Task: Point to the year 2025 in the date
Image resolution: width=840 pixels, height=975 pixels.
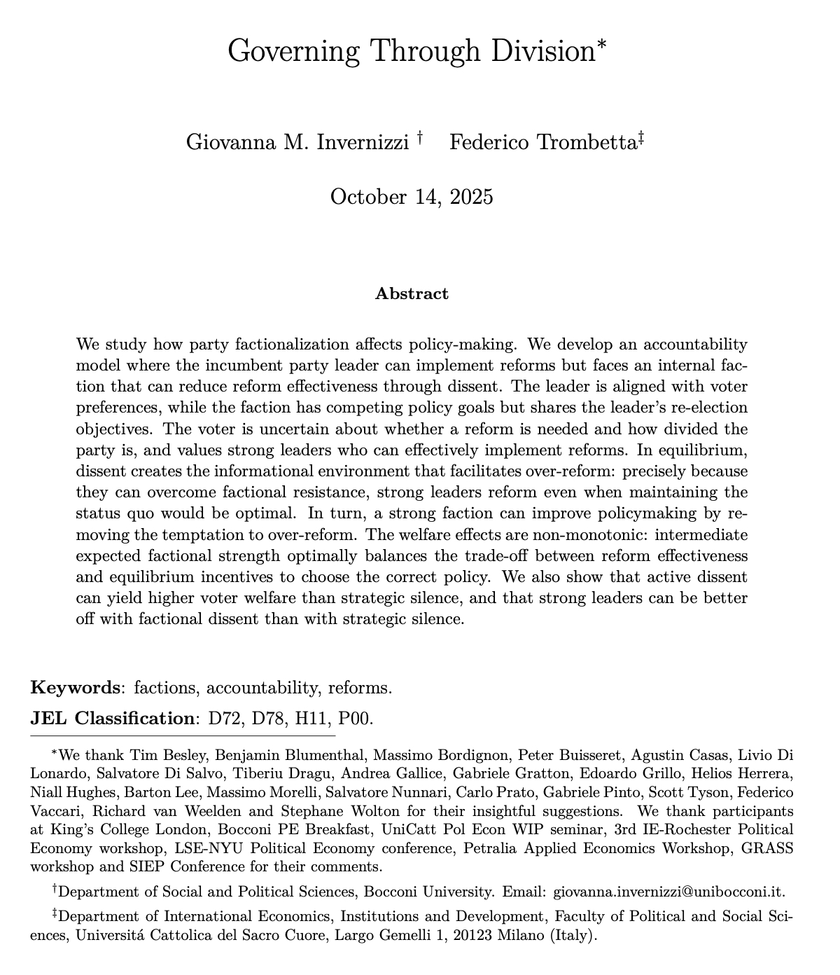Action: pyautogui.click(x=470, y=196)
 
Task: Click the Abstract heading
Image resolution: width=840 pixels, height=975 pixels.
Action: pyautogui.click(x=412, y=293)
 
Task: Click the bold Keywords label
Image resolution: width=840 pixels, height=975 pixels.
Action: pyautogui.click(x=75, y=687)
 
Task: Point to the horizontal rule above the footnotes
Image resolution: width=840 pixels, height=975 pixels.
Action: pyautogui.click(x=183, y=736)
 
